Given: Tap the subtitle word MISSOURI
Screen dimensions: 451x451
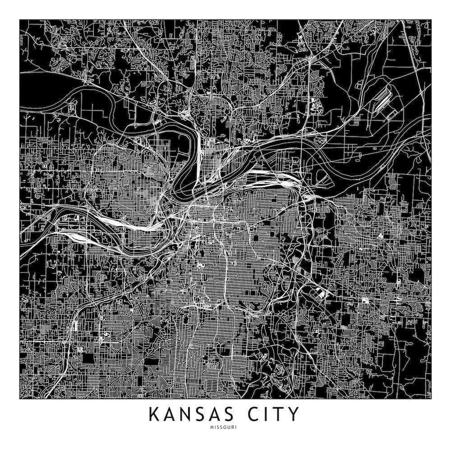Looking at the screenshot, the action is (x=225, y=426).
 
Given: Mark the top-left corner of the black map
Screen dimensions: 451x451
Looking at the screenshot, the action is (x=20, y=19).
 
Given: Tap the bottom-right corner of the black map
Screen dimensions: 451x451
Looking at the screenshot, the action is (x=431, y=399).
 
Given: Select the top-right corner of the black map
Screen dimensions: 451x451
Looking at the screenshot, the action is (x=431, y=19).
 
